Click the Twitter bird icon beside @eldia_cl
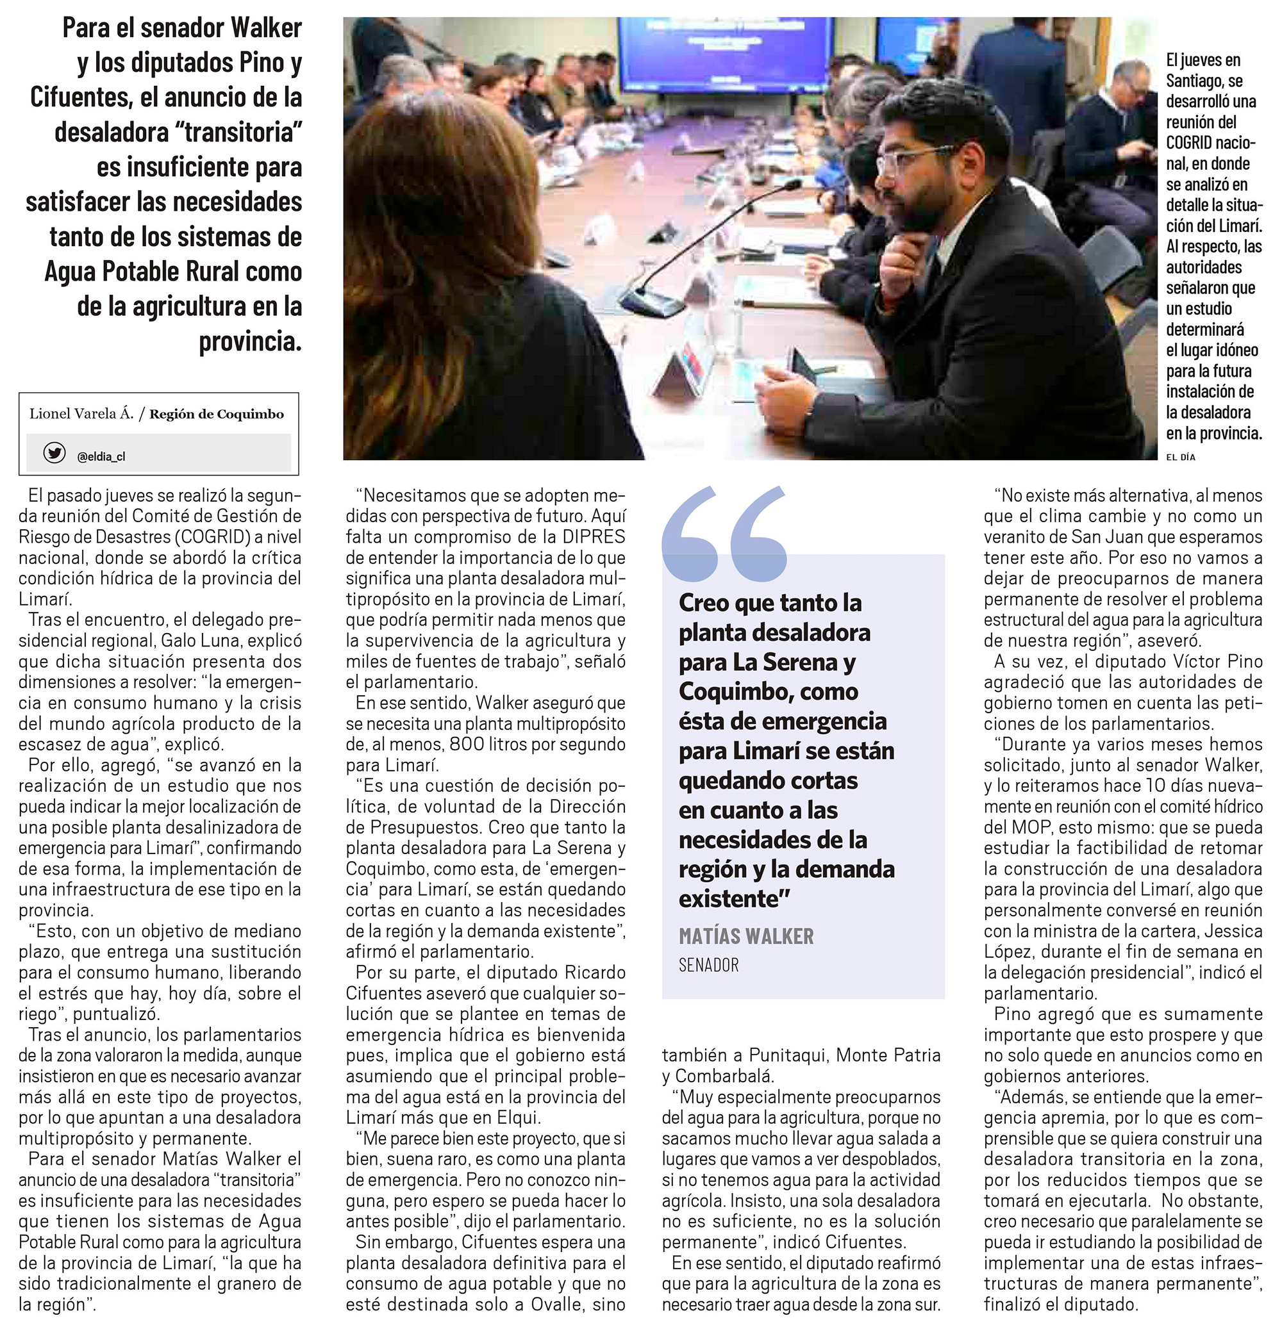(54, 452)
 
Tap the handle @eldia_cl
(101, 457)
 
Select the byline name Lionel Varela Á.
(81, 414)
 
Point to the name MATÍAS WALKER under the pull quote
(745, 937)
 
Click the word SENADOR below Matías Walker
(708, 964)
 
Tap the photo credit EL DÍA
(1181, 457)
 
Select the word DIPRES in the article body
(593, 536)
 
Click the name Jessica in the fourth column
(1231, 930)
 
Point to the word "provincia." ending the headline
(250, 341)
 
